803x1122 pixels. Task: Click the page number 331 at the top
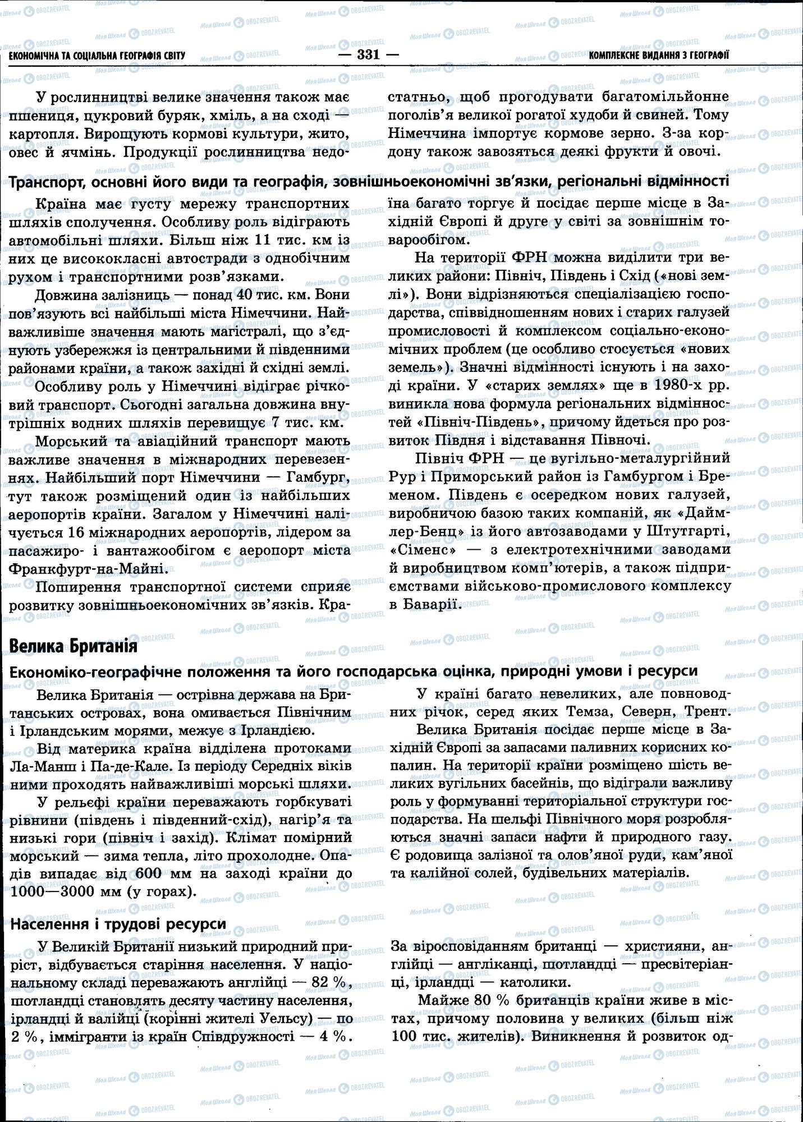click(368, 55)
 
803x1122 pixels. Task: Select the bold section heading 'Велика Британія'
click(74, 646)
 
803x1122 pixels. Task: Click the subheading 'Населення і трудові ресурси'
click(118, 923)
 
